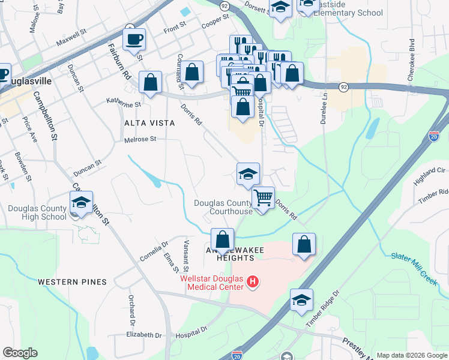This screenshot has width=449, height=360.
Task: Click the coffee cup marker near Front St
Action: pyautogui.click(x=134, y=40)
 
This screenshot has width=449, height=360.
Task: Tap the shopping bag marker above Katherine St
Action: pyautogui.click(x=150, y=82)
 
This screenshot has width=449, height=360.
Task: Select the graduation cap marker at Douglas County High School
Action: pyautogui.click(x=82, y=203)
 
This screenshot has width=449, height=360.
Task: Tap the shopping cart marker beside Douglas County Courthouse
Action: pyautogui.click(x=263, y=198)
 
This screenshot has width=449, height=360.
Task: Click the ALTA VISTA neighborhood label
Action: pyautogui.click(x=149, y=123)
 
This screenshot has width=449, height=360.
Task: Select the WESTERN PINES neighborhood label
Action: pyautogui.click(x=72, y=281)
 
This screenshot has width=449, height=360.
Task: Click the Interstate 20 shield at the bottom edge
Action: pyautogui.click(x=237, y=355)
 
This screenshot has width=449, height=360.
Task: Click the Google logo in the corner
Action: pyautogui.click(x=20, y=353)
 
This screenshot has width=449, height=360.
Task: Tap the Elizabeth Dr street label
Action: pyautogui.click(x=144, y=334)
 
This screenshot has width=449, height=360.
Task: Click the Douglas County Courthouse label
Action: pyautogui.click(x=223, y=207)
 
